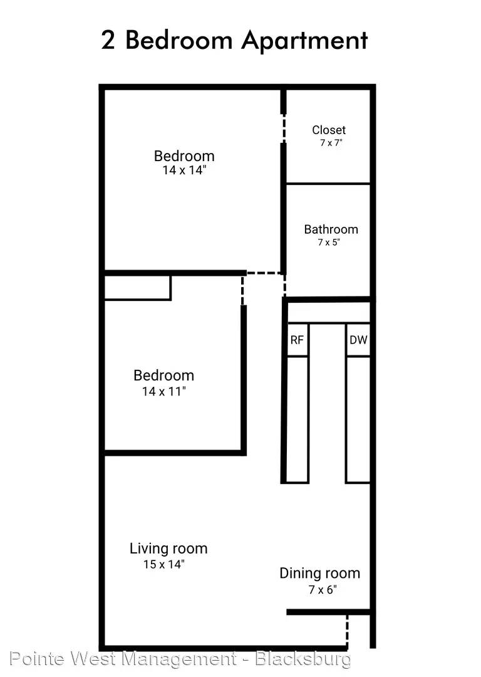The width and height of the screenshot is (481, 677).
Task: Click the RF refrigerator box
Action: pyautogui.click(x=297, y=339)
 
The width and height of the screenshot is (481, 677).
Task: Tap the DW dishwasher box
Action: pyautogui.click(x=358, y=339)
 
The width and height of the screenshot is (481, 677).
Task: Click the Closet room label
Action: pyautogui.click(x=329, y=130)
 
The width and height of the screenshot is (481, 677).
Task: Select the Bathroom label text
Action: pyautogui.click(x=331, y=229)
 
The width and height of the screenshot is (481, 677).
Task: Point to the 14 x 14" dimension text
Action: pyautogui.click(x=184, y=170)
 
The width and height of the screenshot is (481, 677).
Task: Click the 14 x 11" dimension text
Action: pyautogui.click(x=164, y=391)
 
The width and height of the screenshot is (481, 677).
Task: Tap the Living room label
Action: pyautogui.click(x=168, y=548)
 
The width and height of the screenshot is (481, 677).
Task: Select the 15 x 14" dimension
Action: pyautogui.click(x=164, y=564)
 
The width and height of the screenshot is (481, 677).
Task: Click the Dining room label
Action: pyautogui.click(x=319, y=573)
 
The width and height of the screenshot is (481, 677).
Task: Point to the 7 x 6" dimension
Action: pyautogui.click(x=323, y=589)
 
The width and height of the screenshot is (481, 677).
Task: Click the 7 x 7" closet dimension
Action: pyautogui.click(x=331, y=142)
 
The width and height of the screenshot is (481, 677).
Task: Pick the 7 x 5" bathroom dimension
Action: pyautogui.click(x=329, y=242)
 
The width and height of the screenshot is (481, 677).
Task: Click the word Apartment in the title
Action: pyautogui.click(x=304, y=40)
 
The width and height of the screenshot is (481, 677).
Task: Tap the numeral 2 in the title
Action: pyautogui.click(x=108, y=40)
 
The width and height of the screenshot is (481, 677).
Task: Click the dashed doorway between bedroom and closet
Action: pyautogui.click(x=284, y=129)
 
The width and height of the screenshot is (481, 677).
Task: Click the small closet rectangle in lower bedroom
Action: pyautogui.click(x=138, y=288)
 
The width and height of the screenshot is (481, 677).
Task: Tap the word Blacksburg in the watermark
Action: pyautogui.click(x=303, y=659)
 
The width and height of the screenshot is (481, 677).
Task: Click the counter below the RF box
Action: pyautogui.click(x=297, y=419)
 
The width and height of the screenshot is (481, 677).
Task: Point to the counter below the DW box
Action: pyautogui.click(x=358, y=419)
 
